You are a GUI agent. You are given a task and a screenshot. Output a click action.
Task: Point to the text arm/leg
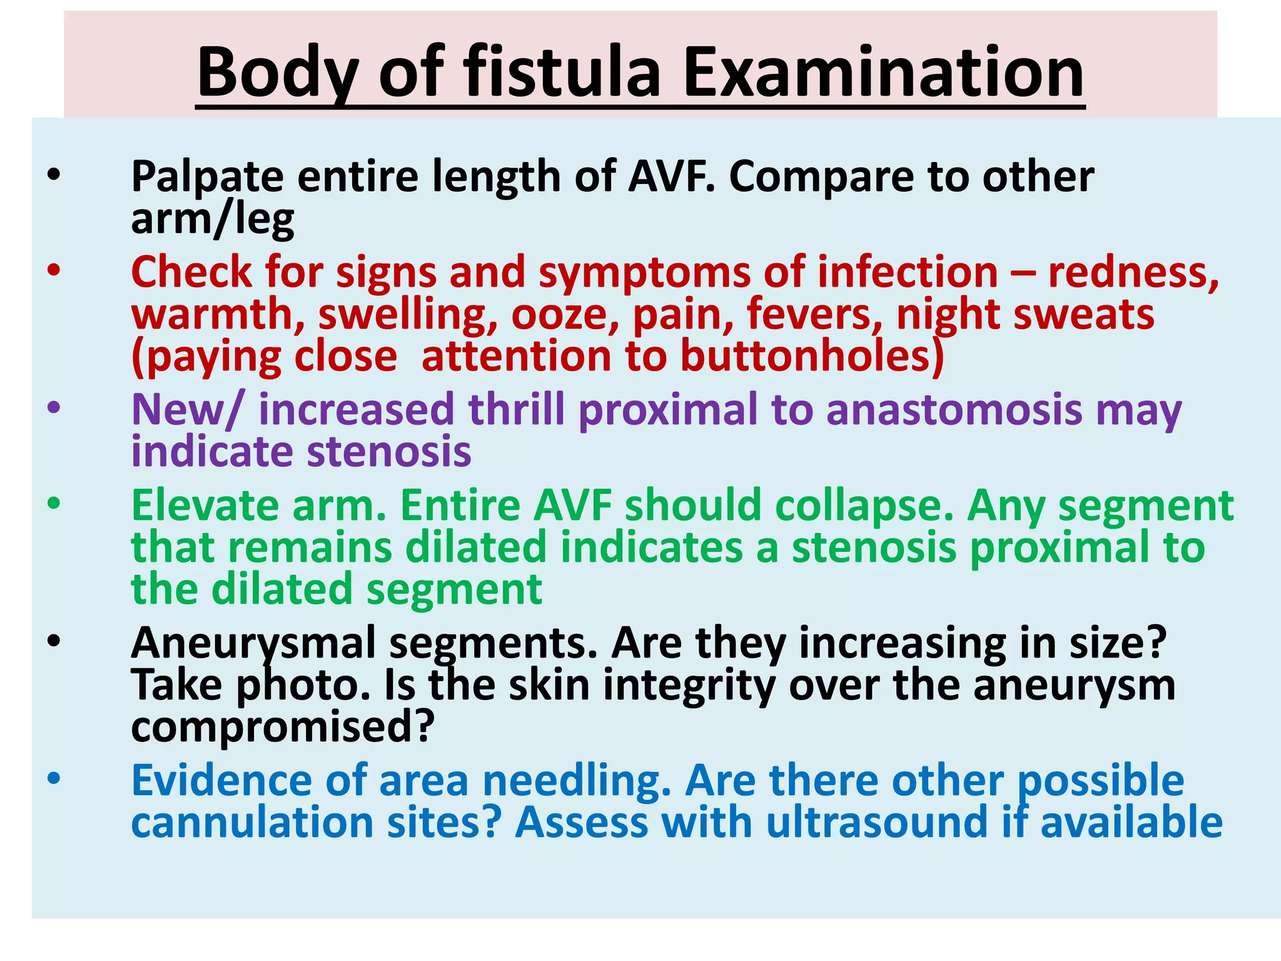point(213,220)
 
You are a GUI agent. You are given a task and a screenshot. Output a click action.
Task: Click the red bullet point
point(54,271)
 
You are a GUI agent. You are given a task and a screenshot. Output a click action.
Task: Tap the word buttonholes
point(812,357)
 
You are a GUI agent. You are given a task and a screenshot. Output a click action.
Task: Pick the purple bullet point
point(54,409)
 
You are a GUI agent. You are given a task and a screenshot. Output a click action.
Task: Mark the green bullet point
point(54,504)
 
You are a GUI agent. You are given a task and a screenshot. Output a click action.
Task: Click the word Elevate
point(205,506)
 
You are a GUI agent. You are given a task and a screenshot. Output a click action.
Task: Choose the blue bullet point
point(54,779)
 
